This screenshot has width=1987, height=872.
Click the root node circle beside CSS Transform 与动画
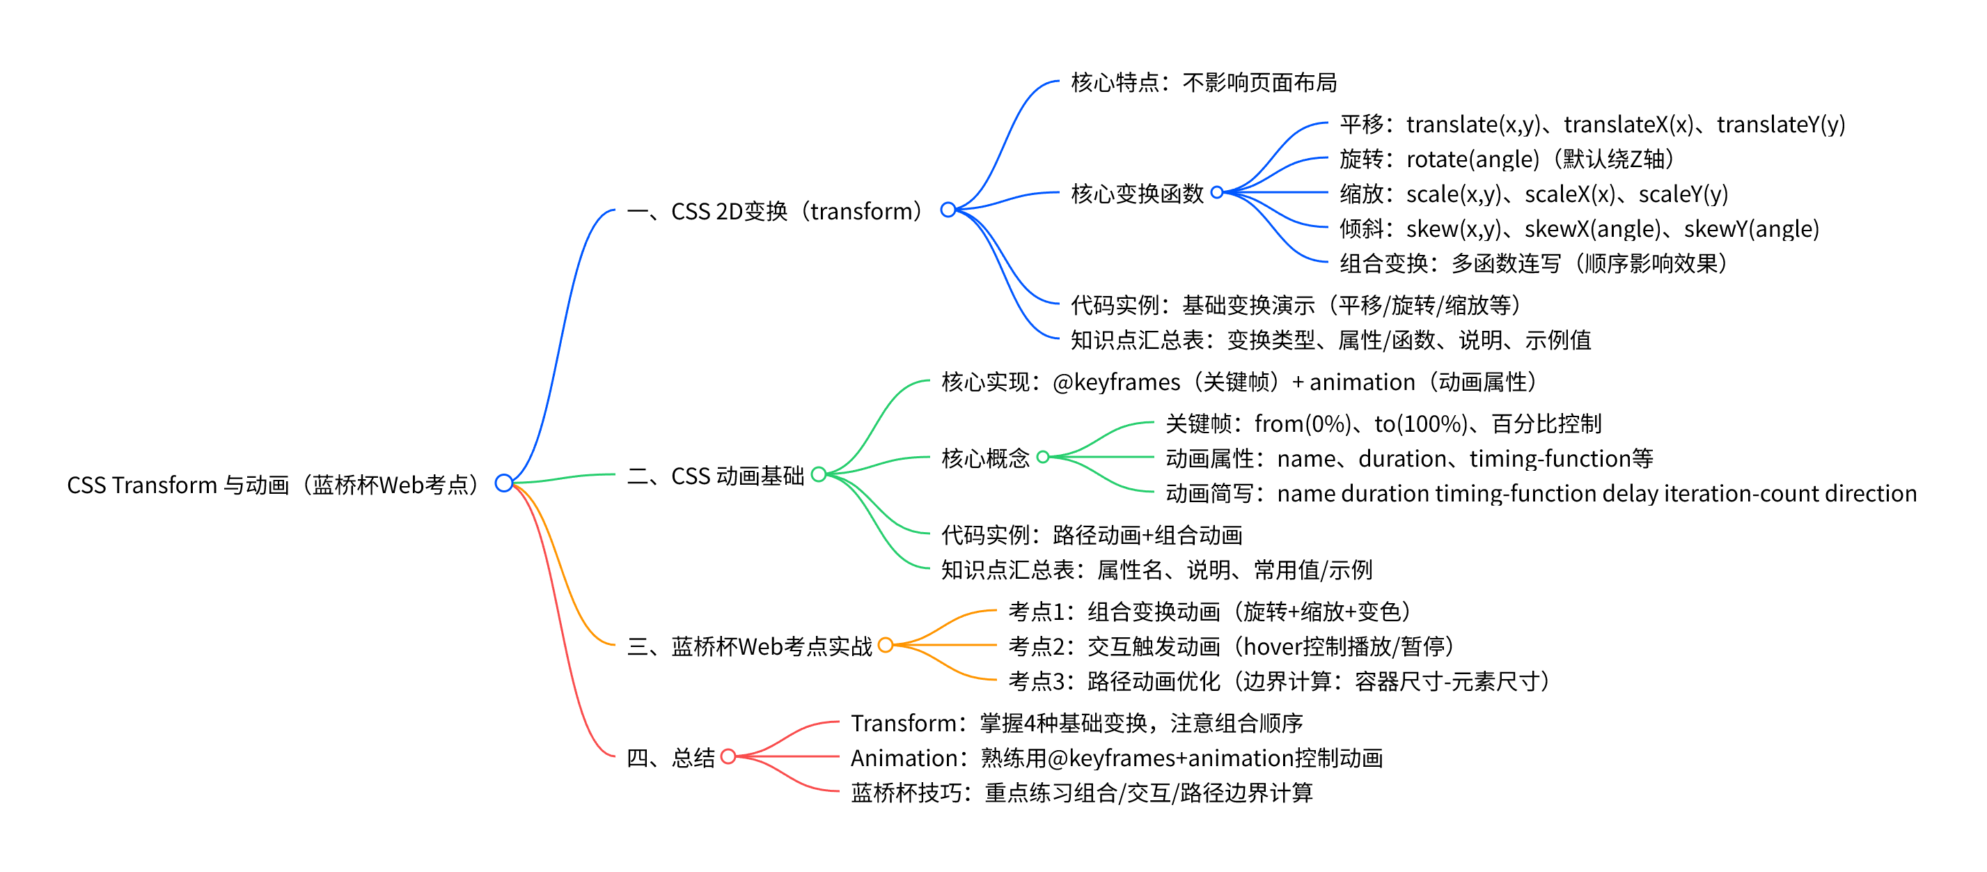(503, 483)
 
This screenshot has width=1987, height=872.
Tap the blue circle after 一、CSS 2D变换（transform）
(948, 209)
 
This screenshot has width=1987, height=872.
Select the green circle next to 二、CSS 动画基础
(819, 474)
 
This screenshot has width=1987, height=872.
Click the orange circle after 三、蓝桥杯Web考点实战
(886, 644)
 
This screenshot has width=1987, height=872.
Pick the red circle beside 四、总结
(728, 756)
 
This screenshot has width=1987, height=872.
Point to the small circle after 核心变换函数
(1216, 192)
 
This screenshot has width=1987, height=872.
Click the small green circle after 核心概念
(1043, 457)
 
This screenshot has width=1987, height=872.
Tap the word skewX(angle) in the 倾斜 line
(1592, 228)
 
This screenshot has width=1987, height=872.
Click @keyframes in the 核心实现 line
(1116, 382)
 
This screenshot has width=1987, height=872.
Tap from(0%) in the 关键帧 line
(1302, 423)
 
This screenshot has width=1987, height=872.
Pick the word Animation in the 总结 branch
(893, 758)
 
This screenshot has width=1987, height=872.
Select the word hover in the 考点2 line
(1273, 646)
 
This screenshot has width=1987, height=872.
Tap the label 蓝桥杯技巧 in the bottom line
(906, 793)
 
